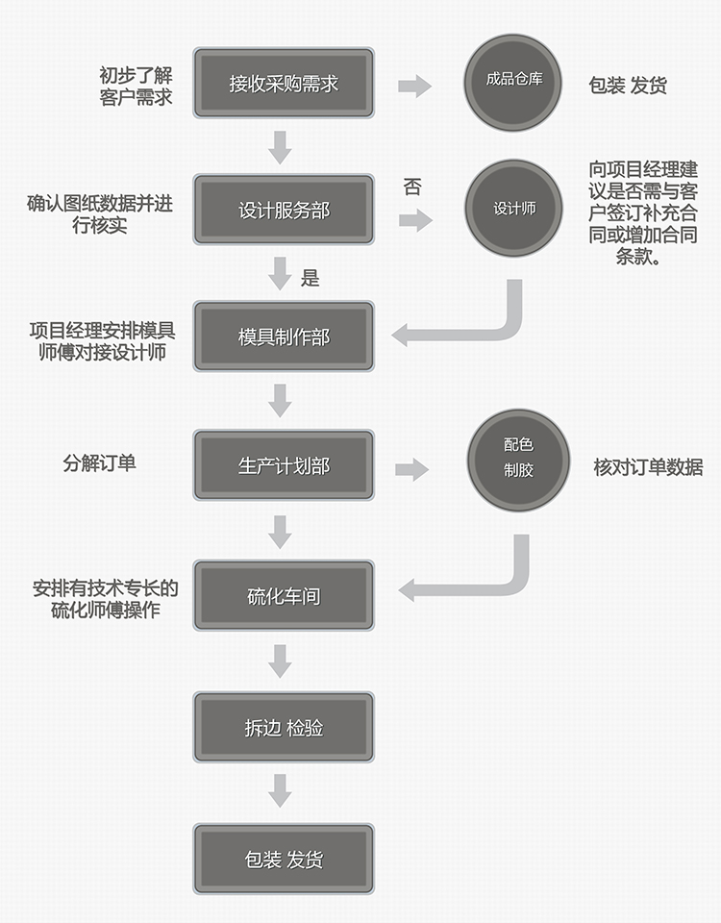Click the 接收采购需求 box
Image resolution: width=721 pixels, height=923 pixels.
[x=284, y=84]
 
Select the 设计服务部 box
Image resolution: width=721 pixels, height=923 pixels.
[x=284, y=210]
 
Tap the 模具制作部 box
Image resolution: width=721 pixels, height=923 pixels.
[x=284, y=337]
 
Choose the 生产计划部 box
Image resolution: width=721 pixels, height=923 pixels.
[x=284, y=466]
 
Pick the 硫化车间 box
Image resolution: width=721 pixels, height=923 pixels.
[x=284, y=596]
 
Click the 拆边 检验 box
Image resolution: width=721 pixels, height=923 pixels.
[x=284, y=728]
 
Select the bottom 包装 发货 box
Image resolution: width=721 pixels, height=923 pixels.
[x=284, y=859]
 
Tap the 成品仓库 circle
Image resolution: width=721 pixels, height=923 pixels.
[x=513, y=81]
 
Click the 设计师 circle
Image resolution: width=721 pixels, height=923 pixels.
[x=513, y=209]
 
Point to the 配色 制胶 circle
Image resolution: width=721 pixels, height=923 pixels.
[x=518, y=458]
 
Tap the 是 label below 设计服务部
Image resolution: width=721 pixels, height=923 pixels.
[x=310, y=279]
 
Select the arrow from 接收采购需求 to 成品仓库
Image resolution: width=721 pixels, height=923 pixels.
[x=414, y=87]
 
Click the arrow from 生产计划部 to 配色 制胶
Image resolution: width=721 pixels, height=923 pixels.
[x=411, y=469]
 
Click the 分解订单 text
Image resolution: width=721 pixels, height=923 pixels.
[x=99, y=463]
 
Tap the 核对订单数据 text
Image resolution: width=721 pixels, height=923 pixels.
[x=648, y=468]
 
